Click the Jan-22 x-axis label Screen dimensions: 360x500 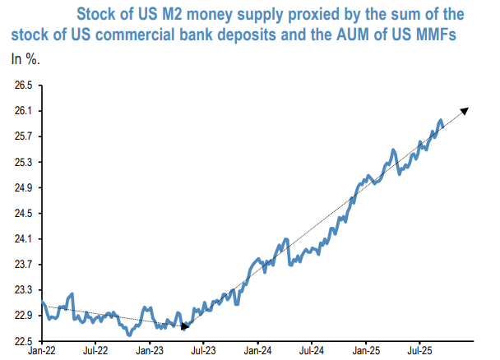[42, 351]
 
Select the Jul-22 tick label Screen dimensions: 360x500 [96, 351]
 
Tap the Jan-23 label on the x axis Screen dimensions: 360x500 [150, 351]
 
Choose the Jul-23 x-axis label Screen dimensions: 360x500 [204, 351]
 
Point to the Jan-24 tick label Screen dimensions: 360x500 [258, 351]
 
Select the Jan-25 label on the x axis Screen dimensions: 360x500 [366, 351]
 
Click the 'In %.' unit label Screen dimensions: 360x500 [25, 59]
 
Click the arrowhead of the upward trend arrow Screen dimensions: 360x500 [467, 111]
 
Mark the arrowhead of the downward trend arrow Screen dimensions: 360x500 [185, 326]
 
